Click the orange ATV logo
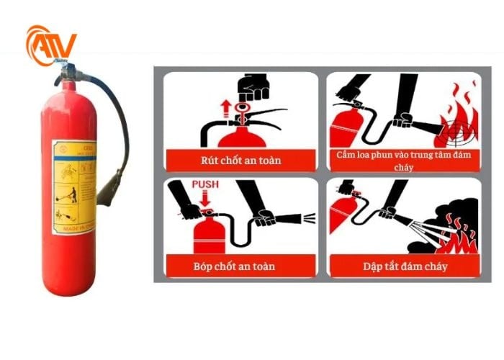click(50, 45)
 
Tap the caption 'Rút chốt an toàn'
click(240, 160)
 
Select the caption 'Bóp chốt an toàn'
click(240, 266)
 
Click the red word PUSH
click(205, 185)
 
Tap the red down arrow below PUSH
click(205, 199)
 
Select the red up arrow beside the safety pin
click(225, 109)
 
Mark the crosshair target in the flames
click(458, 132)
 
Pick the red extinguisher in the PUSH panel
click(210, 237)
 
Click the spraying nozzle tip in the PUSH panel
click(308, 215)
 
